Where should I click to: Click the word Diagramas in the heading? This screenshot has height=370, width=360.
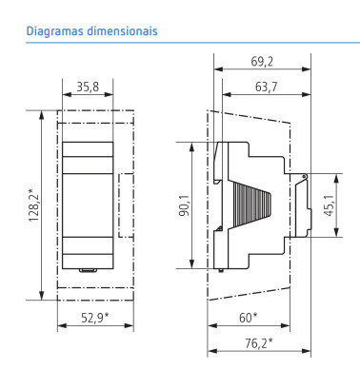coord(55,31)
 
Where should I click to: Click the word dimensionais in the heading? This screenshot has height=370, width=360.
coord(122,30)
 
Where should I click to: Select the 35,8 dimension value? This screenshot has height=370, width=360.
coord(88,87)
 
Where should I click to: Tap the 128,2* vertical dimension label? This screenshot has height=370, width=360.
coord(34,205)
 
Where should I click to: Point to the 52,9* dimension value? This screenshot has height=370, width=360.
coord(95,318)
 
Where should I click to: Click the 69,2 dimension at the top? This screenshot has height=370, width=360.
coord(262,62)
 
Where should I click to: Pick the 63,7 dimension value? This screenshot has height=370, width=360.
coord(266,87)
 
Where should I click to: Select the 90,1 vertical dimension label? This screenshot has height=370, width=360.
coord(184,205)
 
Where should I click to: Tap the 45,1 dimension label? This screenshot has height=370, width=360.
coord(330,205)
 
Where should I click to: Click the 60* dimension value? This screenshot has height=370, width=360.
coord(249,318)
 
